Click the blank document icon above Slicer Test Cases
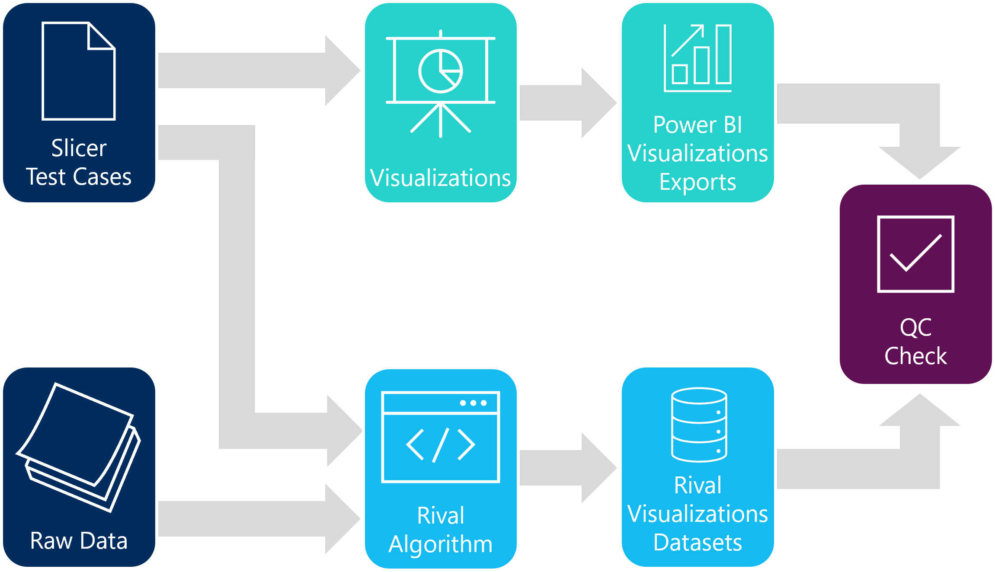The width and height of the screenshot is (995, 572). tap(79, 71)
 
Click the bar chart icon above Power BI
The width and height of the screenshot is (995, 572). tap(698, 58)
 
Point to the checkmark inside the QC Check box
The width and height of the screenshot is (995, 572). tap(915, 253)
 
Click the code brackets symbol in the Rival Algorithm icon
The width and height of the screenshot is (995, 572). tap(440, 444)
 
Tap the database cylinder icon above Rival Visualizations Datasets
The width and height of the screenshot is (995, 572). tap(699, 425)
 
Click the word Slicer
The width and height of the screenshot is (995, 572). tap(79, 148)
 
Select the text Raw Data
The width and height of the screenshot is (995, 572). tap(79, 541)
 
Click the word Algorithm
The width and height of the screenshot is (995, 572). tap(440, 544)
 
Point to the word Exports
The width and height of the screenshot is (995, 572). tap(697, 182)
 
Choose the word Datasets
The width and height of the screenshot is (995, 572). tap(697, 543)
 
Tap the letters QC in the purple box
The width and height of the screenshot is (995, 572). tap(915, 327)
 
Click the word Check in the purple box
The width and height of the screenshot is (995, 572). tap(915, 356)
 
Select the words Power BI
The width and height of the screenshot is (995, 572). tap(697, 125)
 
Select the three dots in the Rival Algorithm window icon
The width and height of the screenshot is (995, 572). tap(473, 403)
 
